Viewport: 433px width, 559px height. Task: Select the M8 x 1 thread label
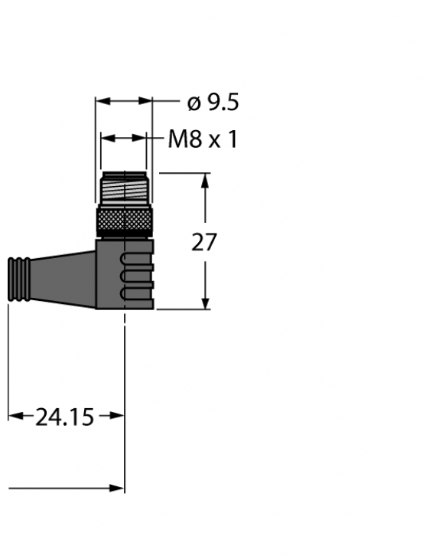[x=203, y=139]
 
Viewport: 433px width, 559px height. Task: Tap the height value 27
[x=204, y=243]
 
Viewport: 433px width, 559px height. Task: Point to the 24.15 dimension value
[x=65, y=417]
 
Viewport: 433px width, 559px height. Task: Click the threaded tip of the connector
[x=125, y=188]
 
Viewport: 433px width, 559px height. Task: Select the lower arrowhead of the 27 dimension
[x=205, y=303]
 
